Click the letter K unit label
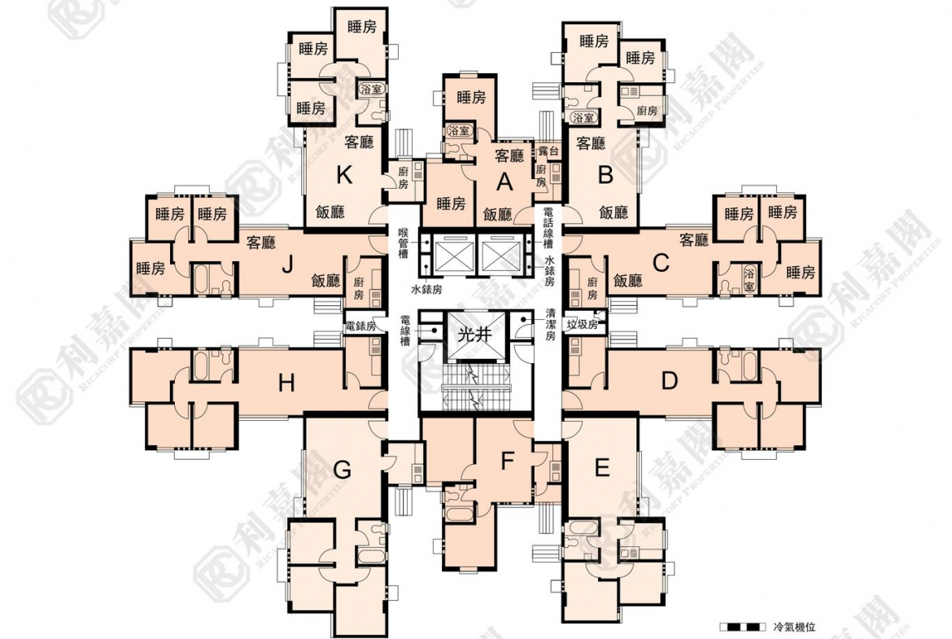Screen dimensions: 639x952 [x=344, y=174]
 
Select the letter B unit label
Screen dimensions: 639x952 [x=605, y=174]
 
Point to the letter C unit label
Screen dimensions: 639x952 [x=662, y=262]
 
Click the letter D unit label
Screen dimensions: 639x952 [x=669, y=380]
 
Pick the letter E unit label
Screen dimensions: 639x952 [x=602, y=467]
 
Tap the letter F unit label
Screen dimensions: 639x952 [x=507, y=462]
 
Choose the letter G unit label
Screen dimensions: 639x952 [x=343, y=470]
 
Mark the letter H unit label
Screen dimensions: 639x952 [x=286, y=383]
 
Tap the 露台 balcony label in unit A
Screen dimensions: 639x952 [x=548, y=151]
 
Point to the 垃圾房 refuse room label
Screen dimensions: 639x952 [x=582, y=324]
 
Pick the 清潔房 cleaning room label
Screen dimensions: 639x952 [x=550, y=323]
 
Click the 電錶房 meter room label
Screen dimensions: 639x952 [x=360, y=326]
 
